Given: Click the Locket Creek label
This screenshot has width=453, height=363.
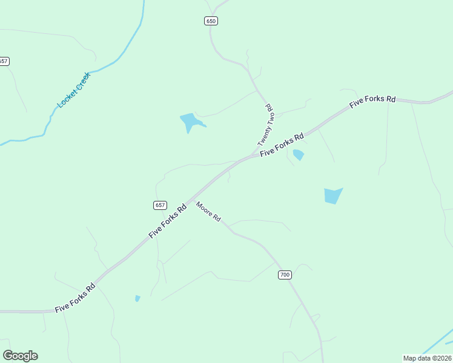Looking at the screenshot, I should (x=73, y=90).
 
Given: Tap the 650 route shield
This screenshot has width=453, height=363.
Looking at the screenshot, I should (x=210, y=21).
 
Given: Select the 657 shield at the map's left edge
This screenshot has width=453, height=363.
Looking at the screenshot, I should (x=4, y=61).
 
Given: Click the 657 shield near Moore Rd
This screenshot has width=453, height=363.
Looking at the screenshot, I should (x=160, y=205).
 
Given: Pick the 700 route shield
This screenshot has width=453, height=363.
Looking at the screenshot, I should (x=285, y=275).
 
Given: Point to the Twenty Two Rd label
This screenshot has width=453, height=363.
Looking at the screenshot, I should (x=266, y=125).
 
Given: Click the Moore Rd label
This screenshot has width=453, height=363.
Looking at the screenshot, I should (x=208, y=211).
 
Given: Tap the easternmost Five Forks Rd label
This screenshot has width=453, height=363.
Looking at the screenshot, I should (x=372, y=102).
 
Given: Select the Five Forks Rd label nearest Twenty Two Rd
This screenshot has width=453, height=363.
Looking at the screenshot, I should (x=282, y=145).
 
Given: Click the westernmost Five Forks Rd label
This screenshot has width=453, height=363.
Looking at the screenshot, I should (x=75, y=298).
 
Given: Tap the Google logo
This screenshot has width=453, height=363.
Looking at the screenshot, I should (x=20, y=356).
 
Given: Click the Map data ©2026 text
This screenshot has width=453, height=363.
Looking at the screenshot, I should (x=426, y=358).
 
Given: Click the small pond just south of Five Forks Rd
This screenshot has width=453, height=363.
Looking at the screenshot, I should (x=298, y=155).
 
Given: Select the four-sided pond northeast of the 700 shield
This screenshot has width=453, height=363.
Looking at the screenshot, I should (x=332, y=195).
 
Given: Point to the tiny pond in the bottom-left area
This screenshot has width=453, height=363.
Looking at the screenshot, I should (x=137, y=298).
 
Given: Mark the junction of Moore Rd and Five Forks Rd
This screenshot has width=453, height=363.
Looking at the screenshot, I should (x=193, y=200).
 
